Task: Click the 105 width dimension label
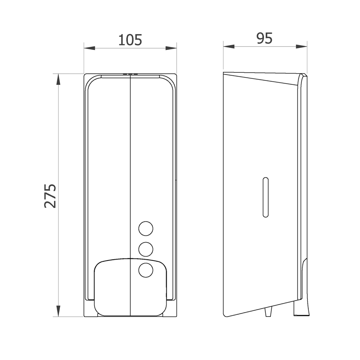click(x=130, y=40)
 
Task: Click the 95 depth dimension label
click(x=264, y=38)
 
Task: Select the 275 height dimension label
click(x=50, y=195)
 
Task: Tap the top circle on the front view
click(x=146, y=229)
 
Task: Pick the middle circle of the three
click(x=146, y=249)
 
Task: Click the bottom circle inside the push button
click(x=146, y=270)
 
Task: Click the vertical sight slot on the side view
click(x=266, y=197)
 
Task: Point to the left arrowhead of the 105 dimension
click(x=89, y=48)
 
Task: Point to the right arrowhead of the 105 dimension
click(x=171, y=48)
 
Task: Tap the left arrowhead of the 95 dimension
click(x=229, y=46)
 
